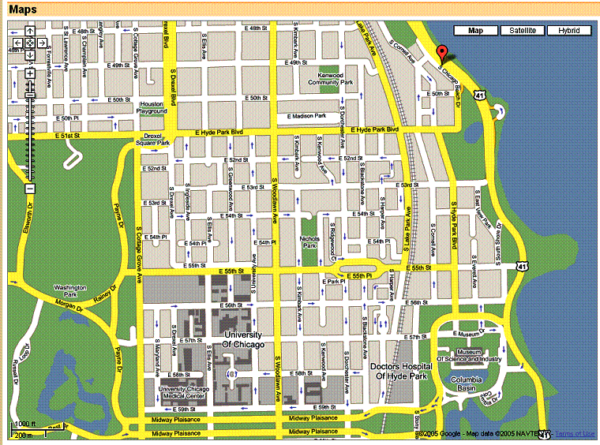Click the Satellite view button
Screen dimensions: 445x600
coord(523,31)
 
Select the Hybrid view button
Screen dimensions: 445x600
coord(568,31)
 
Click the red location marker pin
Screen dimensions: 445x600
coord(442,54)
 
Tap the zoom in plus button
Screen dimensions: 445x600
coord(29,73)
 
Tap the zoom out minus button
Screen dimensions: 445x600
coord(29,189)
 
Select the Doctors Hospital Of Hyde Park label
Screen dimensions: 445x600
coord(403,372)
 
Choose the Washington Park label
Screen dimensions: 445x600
coord(70,290)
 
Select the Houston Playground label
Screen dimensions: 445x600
coord(152,108)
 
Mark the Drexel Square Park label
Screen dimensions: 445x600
coord(152,140)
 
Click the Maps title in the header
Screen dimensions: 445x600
coord(24,9)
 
